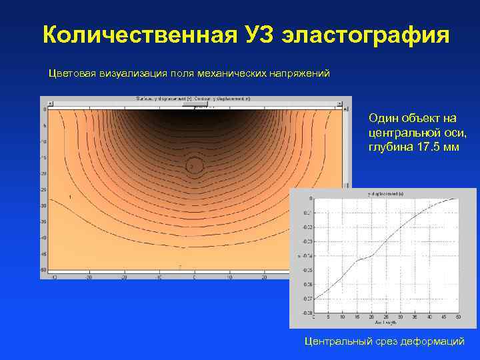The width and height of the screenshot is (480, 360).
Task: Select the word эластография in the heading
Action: tap(365, 35)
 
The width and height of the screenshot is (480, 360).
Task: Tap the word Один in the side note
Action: tap(381, 118)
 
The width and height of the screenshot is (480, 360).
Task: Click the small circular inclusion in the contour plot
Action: tap(193, 165)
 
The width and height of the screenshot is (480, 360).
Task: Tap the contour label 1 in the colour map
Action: tap(70, 198)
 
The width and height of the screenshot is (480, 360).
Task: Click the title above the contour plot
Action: tap(193, 99)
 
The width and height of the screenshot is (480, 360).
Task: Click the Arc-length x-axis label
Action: tap(385, 323)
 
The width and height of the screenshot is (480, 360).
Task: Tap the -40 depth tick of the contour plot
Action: tap(44, 237)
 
